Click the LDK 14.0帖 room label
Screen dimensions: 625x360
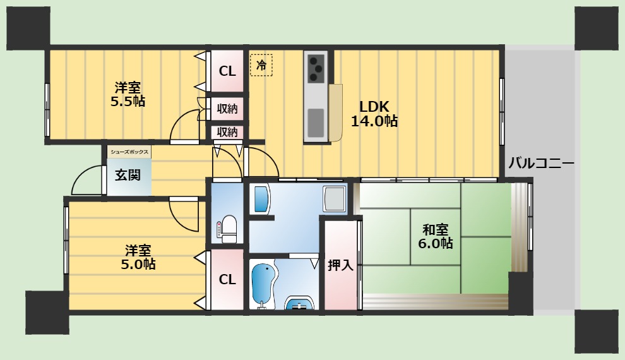pyautogui.click(x=374, y=114)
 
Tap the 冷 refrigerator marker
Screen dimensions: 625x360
pyautogui.click(x=261, y=64)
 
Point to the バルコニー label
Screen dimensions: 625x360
pyautogui.click(x=541, y=164)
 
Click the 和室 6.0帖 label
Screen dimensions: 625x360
pyautogui.click(x=435, y=236)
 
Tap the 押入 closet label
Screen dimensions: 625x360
pyautogui.click(x=341, y=265)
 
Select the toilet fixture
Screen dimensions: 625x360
pyautogui.click(x=229, y=229)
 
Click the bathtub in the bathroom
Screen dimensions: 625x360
pyautogui.click(x=263, y=285)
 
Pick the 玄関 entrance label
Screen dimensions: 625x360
pyautogui.click(x=128, y=175)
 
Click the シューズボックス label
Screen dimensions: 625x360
pyautogui.click(x=129, y=152)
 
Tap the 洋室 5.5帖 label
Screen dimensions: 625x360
pyautogui.click(x=128, y=94)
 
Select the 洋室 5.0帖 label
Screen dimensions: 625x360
pyautogui.click(x=138, y=257)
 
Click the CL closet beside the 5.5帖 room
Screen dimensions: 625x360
pyautogui.click(x=227, y=71)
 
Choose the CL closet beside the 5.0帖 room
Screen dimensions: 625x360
pyautogui.click(x=227, y=279)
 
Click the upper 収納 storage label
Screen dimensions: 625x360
pyautogui.click(x=227, y=109)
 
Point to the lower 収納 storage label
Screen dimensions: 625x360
pyautogui.click(x=227, y=132)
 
